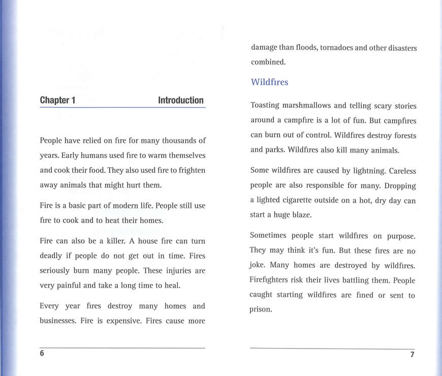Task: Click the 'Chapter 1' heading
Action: [x=57, y=100]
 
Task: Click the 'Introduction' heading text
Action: [x=180, y=100]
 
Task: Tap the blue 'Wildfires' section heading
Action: [x=269, y=82]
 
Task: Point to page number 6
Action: [x=42, y=354]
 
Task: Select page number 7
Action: [x=412, y=355]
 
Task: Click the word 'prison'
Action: [x=261, y=309]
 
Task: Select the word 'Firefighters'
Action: [x=273, y=280]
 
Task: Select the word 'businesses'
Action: [x=57, y=321]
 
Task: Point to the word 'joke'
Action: [x=258, y=265]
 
